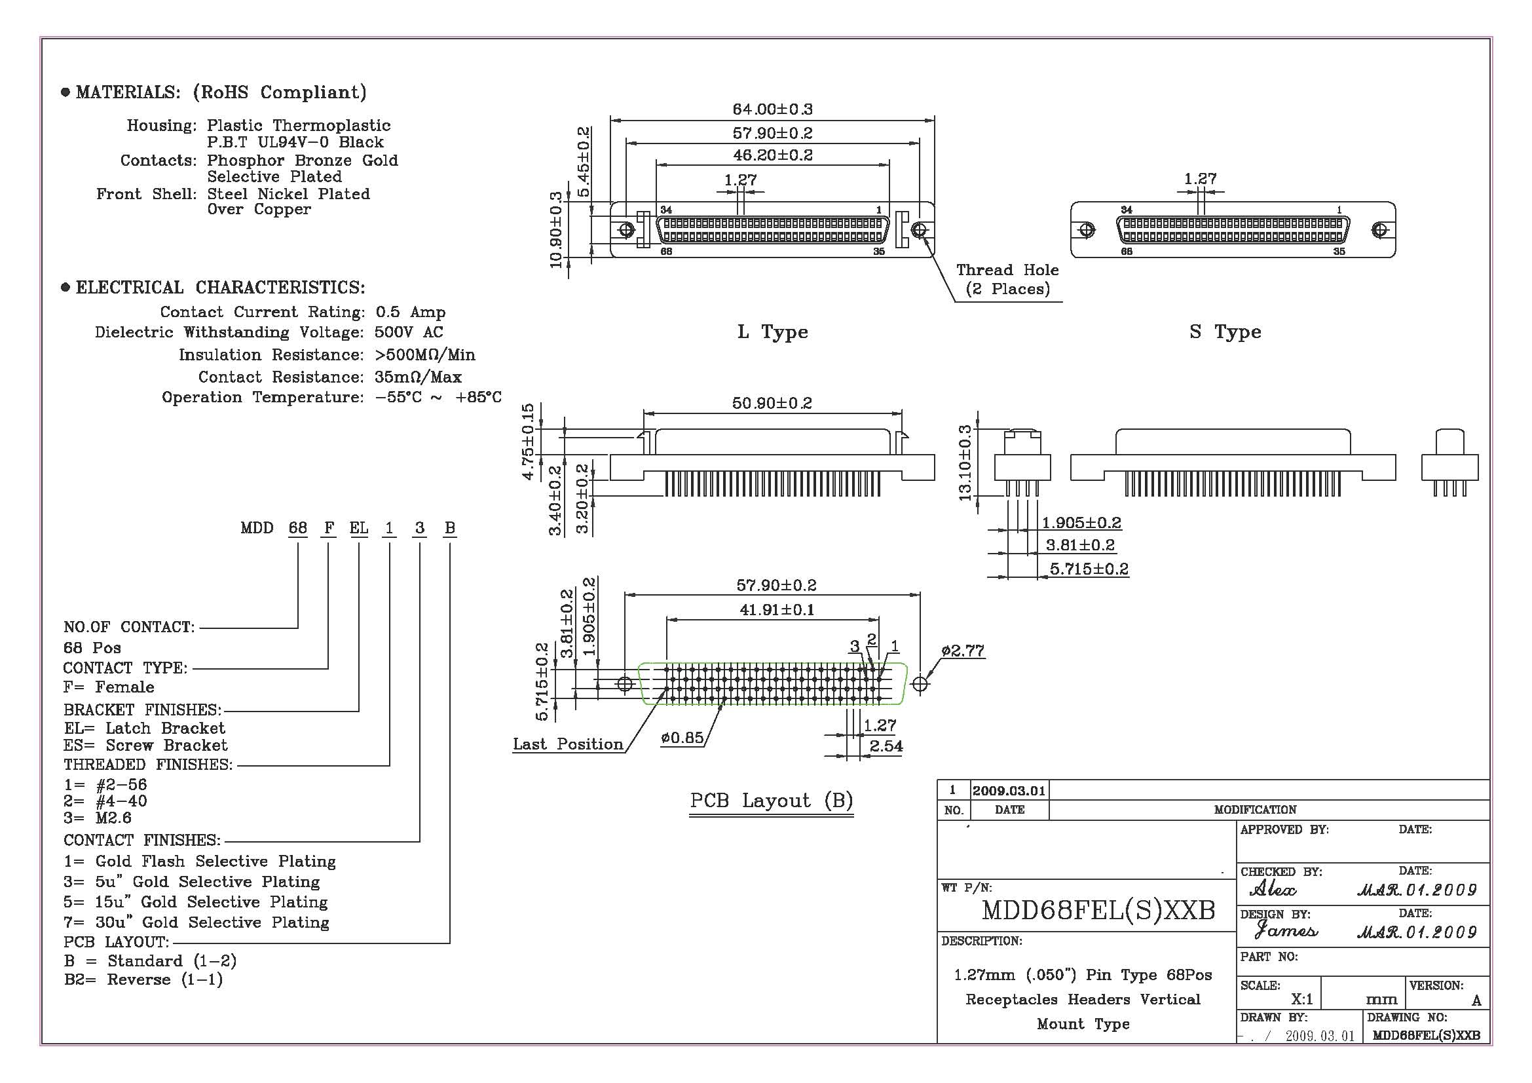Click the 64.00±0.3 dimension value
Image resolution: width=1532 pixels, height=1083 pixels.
coord(772,109)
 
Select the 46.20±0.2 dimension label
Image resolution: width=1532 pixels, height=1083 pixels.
coord(773,155)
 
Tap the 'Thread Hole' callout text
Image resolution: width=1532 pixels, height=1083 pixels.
coord(1007,270)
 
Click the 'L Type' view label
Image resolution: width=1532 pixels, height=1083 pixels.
coord(772,332)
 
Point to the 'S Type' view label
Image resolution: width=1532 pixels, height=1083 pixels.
coord(1224,332)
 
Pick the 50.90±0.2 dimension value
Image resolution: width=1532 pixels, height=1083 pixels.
coord(772,404)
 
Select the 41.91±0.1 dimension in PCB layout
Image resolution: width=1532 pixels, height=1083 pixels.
coord(777,610)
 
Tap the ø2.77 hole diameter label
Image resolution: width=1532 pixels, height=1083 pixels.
coord(963,651)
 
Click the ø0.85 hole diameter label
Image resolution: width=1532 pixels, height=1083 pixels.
coord(682,738)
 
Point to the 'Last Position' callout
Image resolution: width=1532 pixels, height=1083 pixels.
coord(568,745)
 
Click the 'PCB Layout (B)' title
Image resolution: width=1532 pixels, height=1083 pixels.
coord(772,801)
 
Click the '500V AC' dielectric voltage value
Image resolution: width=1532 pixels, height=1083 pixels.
coord(408,332)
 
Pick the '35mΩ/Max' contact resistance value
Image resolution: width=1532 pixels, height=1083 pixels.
coord(418,377)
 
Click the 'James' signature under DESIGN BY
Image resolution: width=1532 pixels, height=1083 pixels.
coord(1286,930)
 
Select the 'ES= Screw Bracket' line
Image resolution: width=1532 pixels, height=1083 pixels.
coord(145,746)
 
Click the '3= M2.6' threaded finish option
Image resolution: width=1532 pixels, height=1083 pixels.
coord(98,818)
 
